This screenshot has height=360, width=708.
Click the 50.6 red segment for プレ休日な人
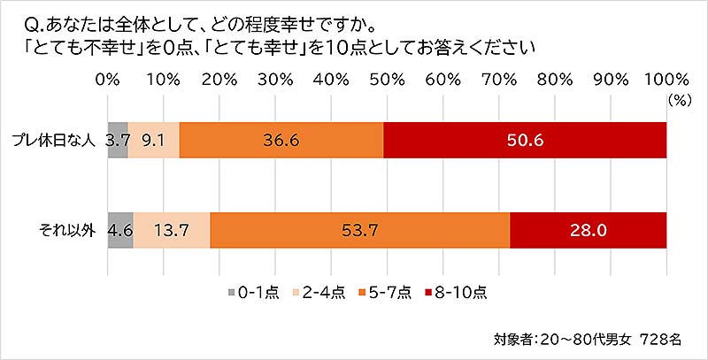525,140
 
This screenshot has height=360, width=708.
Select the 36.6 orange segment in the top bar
281,140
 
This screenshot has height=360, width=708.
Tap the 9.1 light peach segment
154,140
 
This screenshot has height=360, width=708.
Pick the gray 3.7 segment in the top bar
118,140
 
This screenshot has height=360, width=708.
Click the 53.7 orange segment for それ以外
360,232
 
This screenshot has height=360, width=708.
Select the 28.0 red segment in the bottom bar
588,232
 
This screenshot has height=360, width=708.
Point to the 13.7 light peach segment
172,232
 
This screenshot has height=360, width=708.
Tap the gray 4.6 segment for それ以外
119,232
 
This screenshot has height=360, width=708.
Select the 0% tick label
107,79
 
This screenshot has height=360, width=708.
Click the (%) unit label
679,100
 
